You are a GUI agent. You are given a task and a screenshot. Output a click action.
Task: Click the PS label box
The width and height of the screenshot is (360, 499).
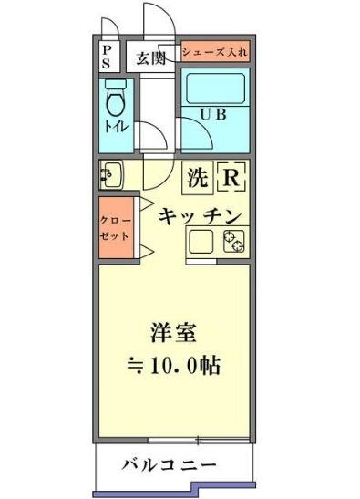coord(108,56)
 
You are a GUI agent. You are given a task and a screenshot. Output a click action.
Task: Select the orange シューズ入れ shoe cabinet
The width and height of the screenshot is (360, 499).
coord(214,52)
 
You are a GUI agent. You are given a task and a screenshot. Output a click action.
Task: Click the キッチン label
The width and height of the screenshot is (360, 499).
coord(199,216)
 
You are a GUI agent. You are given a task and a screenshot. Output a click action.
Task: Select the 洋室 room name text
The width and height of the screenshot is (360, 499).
coord(174,331)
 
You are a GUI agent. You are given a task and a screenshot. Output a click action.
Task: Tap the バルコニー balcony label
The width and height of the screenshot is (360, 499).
coord(170,466)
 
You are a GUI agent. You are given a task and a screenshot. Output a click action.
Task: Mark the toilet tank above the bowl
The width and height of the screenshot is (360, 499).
coord(115,84)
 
